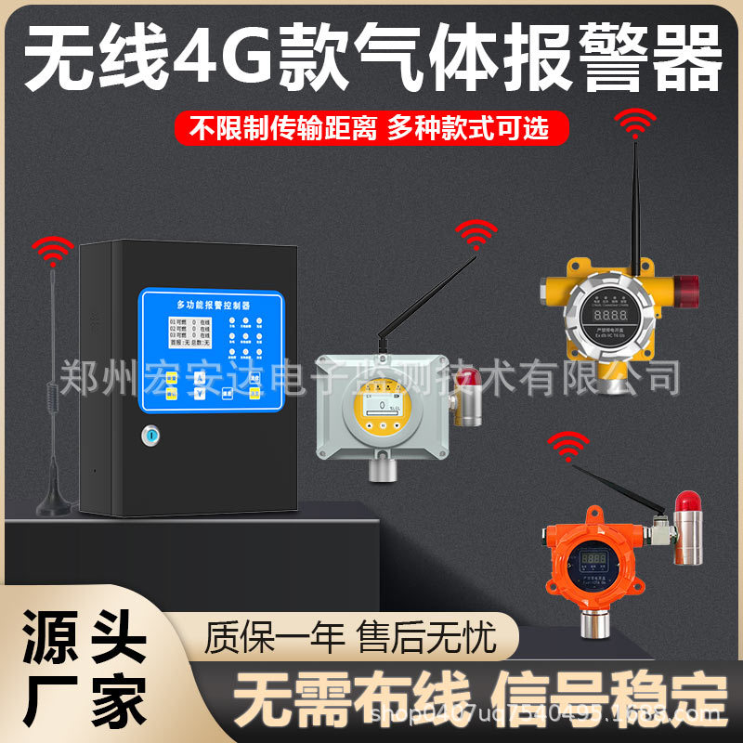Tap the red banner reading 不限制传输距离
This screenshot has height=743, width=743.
[x=282, y=127]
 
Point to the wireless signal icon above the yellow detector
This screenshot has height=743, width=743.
[x=637, y=123]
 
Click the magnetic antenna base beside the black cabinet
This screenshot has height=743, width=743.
[x=53, y=505]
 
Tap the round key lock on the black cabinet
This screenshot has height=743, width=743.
[x=150, y=434]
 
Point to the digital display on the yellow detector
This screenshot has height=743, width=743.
[x=614, y=315]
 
